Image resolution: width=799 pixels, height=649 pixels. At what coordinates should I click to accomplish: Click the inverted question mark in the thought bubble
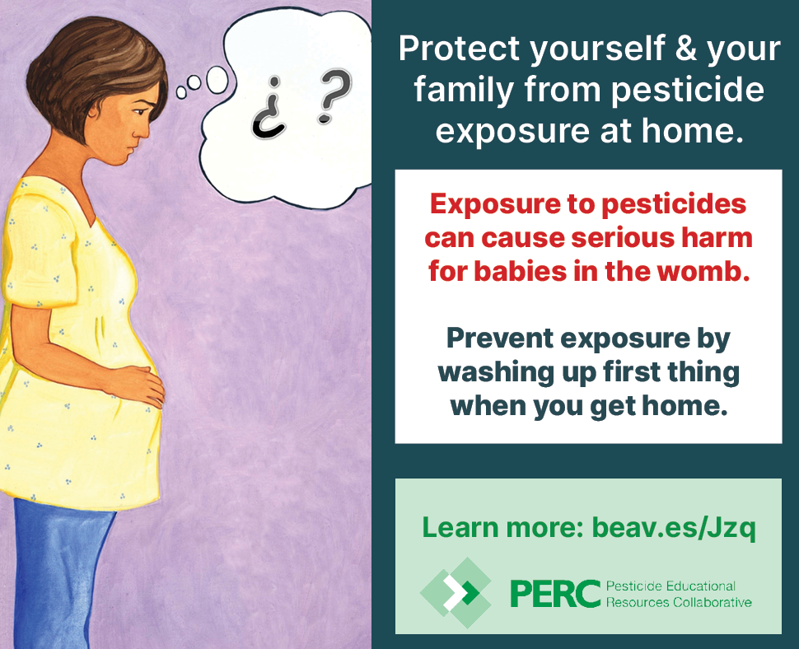[x=269, y=109]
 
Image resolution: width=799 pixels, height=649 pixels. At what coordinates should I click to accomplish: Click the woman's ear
[x=94, y=110]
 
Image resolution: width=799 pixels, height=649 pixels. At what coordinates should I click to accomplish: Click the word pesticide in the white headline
[x=688, y=90]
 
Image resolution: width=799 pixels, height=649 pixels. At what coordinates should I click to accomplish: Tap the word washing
[x=495, y=373]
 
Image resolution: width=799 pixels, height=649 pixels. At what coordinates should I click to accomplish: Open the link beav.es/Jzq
[x=674, y=528]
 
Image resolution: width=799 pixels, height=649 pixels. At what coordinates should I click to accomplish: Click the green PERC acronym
[x=555, y=594]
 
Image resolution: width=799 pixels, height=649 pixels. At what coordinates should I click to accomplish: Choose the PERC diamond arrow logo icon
[x=456, y=592]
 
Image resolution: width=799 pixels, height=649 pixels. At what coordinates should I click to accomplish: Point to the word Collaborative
[x=713, y=603]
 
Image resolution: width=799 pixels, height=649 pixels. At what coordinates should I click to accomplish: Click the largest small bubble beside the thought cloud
[x=217, y=80]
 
